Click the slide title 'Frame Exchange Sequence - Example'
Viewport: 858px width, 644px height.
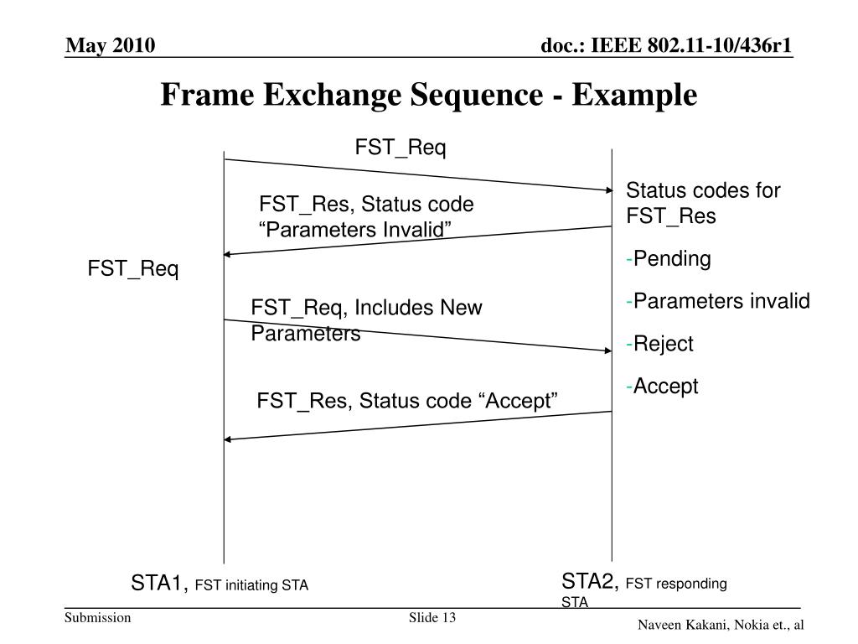[x=428, y=95]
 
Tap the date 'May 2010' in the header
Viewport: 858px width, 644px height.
[x=111, y=45]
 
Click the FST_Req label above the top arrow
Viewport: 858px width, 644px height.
[x=401, y=148]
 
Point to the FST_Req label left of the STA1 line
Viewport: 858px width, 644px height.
[x=133, y=269]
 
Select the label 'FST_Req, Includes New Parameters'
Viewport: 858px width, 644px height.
[x=366, y=320]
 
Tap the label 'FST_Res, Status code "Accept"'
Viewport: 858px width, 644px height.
[x=407, y=401]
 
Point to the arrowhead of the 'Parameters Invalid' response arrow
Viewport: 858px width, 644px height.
[x=229, y=254]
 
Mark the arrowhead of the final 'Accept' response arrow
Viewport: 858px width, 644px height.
[x=229, y=439]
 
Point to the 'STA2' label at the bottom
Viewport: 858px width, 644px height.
[x=590, y=581]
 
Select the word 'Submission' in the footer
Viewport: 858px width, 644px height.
[x=99, y=619]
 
